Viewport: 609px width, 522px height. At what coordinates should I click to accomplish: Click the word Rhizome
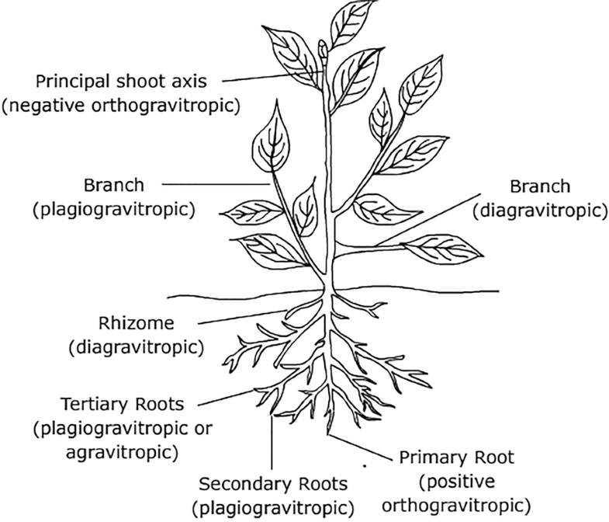[x=130, y=322]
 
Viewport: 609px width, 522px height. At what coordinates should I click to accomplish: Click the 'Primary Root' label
[x=458, y=457]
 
